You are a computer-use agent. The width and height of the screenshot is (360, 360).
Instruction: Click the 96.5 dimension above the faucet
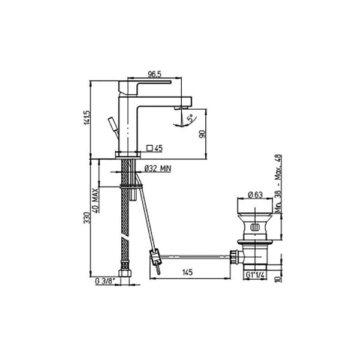[155, 74]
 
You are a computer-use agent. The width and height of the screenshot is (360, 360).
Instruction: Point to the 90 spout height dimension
[202, 134]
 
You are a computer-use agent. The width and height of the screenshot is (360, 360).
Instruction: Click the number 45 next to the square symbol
[159, 147]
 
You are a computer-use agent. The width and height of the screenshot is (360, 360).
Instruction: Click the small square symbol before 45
[150, 147]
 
